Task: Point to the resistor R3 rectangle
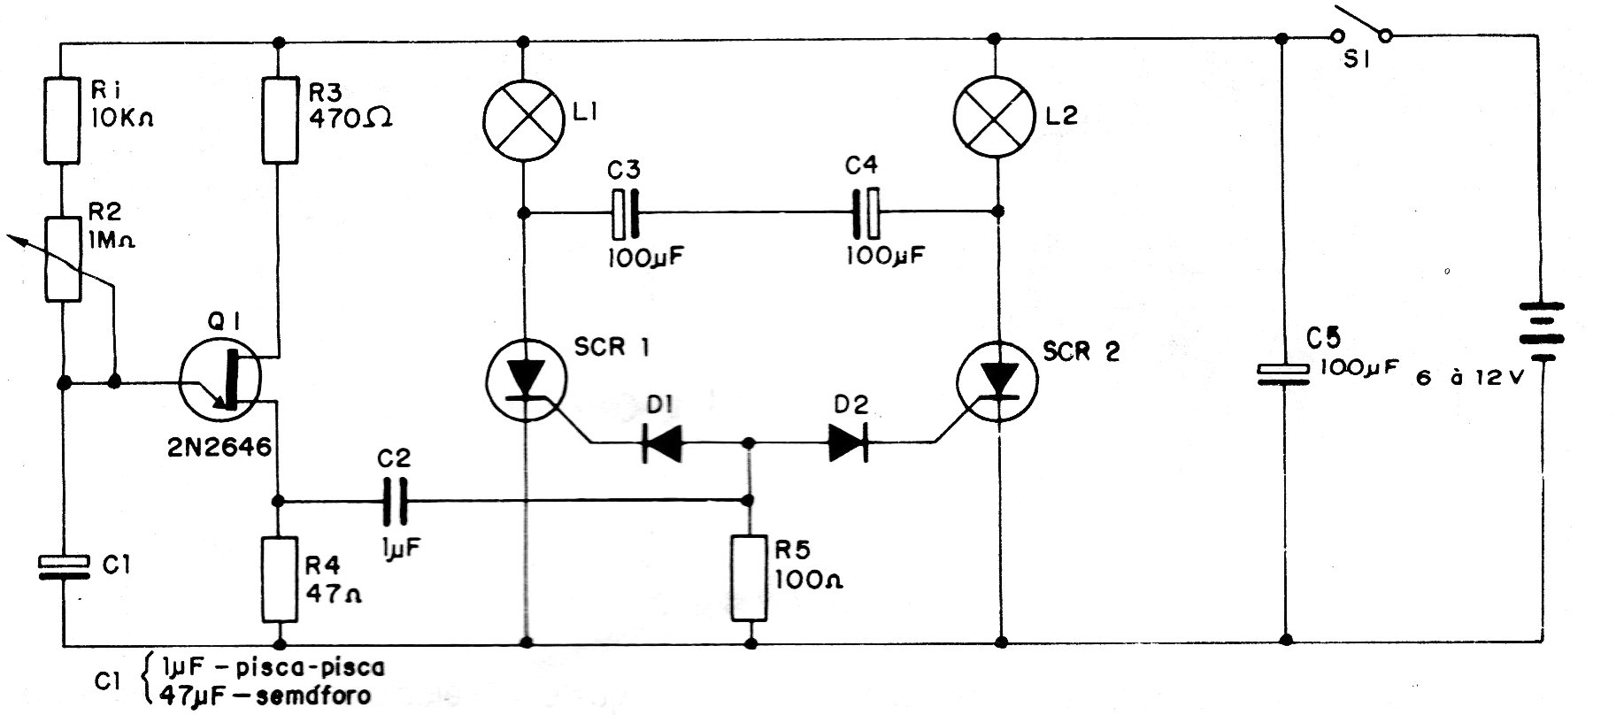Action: coord(280,119)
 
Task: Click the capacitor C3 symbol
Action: coord(625,212)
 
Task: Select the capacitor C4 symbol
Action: coord(865,212)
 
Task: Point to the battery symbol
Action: coord(1542,332)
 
